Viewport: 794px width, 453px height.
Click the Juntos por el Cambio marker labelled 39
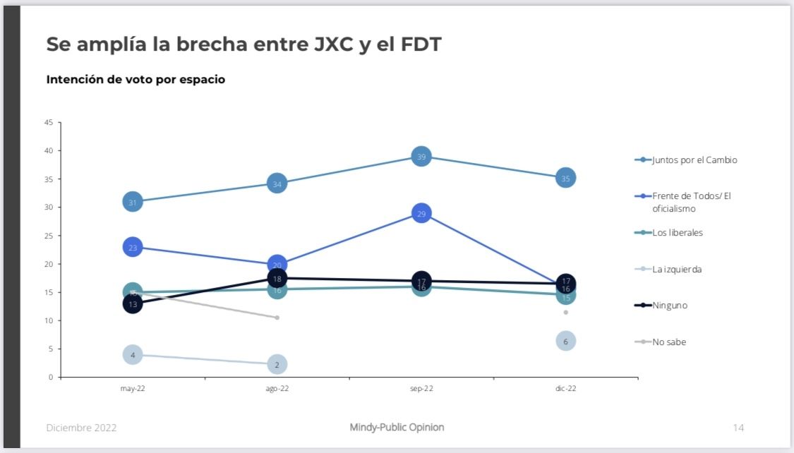coord(421,157)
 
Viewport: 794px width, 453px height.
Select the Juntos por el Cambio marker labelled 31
coord(133,202)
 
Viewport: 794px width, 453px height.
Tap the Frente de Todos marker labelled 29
coord(421,213)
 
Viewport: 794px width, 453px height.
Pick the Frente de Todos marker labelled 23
coord(133,247)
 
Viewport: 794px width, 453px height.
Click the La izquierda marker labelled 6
coord(565,341)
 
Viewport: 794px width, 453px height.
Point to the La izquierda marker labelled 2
coord(277,364)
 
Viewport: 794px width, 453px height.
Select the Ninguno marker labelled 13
coord(133,304)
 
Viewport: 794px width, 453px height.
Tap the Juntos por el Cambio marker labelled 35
coord(565,179)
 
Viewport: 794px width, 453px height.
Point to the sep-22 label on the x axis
coord(421,388)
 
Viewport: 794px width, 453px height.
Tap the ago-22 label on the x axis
coord(277,388)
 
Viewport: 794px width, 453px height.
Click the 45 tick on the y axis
coord(49,123)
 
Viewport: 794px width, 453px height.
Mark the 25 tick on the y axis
coord(49,236)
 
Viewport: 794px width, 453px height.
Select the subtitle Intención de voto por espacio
coord(136,80)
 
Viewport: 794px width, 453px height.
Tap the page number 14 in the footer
coord(738,428)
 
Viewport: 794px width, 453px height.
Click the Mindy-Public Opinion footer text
coord(397,428)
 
